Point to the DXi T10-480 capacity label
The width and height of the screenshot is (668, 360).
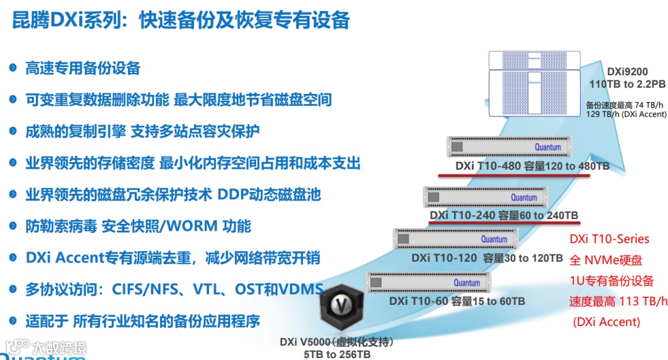tap(533, 166)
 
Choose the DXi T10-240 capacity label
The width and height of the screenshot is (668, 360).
tap(504, 215)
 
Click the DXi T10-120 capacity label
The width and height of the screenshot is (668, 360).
tap(487, 258)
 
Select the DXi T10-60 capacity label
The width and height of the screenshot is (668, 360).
tap(457, 301)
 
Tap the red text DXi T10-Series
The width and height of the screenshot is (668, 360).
tap(609, 239)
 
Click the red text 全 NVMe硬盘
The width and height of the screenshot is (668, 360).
tap(606, 260)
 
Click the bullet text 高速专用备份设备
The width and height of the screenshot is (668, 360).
tap(83, 68)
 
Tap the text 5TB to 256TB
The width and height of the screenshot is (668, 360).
tap(337, 354)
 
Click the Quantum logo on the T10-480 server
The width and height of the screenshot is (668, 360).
tap(548, 147)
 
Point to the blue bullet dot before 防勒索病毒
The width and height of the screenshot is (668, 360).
tap(13, 226)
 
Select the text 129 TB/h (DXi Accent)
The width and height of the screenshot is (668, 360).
tap(626, 114)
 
